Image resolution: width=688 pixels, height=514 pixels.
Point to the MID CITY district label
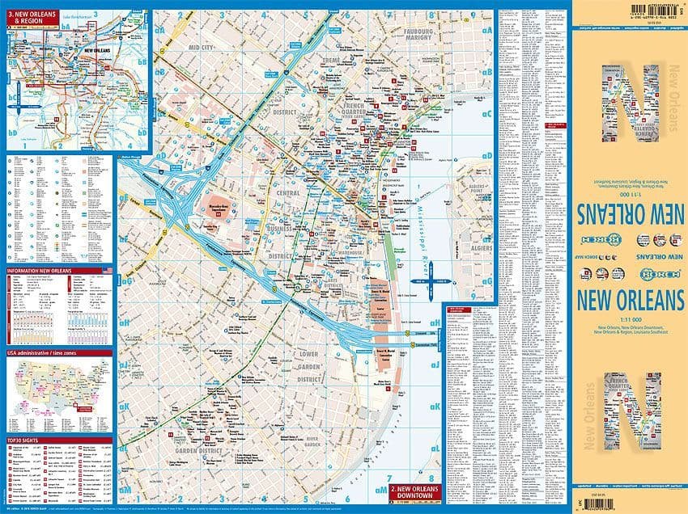click(205, 48)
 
